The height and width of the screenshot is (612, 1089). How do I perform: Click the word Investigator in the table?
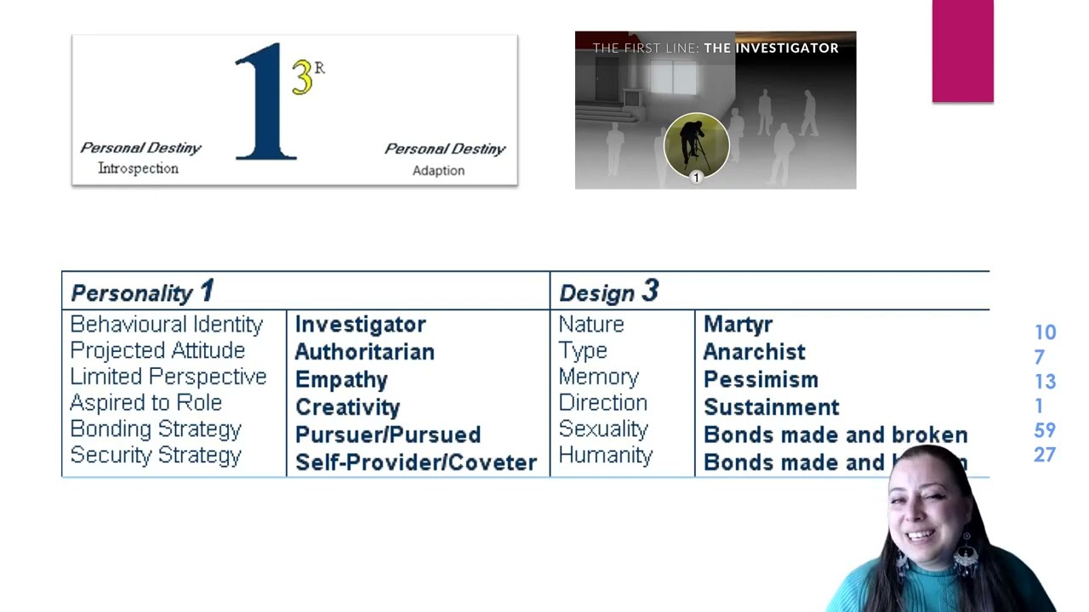(360, 325)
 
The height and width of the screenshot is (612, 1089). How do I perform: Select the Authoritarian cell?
(364, 352)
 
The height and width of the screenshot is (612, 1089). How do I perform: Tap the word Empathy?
(341, 380)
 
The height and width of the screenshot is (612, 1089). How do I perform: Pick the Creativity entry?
(347, 407)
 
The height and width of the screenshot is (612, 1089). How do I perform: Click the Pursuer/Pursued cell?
(387, 434)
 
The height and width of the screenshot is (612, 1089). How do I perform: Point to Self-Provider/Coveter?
(415, 462)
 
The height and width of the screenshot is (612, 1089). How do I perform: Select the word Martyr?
(738, 325)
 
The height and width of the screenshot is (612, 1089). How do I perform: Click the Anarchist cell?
(754, 352)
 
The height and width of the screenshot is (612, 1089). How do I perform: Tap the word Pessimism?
(761, 380)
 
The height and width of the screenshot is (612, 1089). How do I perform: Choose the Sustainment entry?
(771, 407)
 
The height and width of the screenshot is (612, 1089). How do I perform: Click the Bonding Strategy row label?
(156, 429)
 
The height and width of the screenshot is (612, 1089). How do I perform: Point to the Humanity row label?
(605, 456)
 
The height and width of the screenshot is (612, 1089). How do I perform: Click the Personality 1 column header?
(142, 292)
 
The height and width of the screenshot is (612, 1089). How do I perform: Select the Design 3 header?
(608, 292)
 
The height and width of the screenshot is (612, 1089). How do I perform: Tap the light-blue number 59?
(1045, 431)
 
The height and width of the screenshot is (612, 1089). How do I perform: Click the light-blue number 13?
(1045, 382)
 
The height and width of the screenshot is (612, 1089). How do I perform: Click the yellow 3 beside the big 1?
(302, 77)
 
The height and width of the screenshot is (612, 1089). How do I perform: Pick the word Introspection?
(138, 168)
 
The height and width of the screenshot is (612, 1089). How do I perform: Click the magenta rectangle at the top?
(962, 51)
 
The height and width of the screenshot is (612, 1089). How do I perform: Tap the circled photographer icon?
(696, 145)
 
